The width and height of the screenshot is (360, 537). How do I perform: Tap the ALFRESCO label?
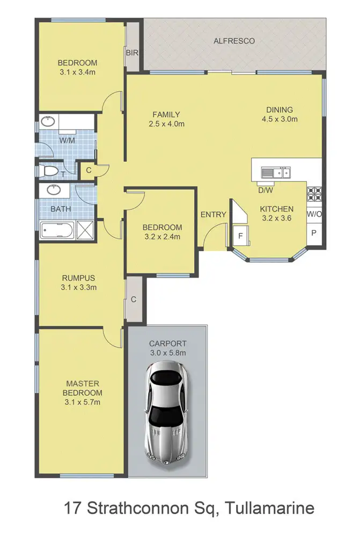pos(234,41)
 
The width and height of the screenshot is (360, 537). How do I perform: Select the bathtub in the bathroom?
pos(57,231)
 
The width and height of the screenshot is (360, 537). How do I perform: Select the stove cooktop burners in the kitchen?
pos(314,193)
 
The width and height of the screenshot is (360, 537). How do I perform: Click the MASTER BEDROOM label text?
pos(82,388)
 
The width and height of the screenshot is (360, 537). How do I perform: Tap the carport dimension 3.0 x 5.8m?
pos(167,353)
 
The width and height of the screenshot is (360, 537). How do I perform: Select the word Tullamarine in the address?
pos(271,507)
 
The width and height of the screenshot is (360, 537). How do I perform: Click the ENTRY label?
pos(213,215)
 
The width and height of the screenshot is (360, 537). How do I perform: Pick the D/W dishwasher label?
pos(265,190)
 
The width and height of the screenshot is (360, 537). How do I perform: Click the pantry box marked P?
pos(314,234)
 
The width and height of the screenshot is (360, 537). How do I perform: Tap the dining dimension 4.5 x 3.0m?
pos(279,119)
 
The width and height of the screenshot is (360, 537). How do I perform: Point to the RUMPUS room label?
pos(78,278)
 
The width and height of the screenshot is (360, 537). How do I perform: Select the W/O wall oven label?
pos(314,214)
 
